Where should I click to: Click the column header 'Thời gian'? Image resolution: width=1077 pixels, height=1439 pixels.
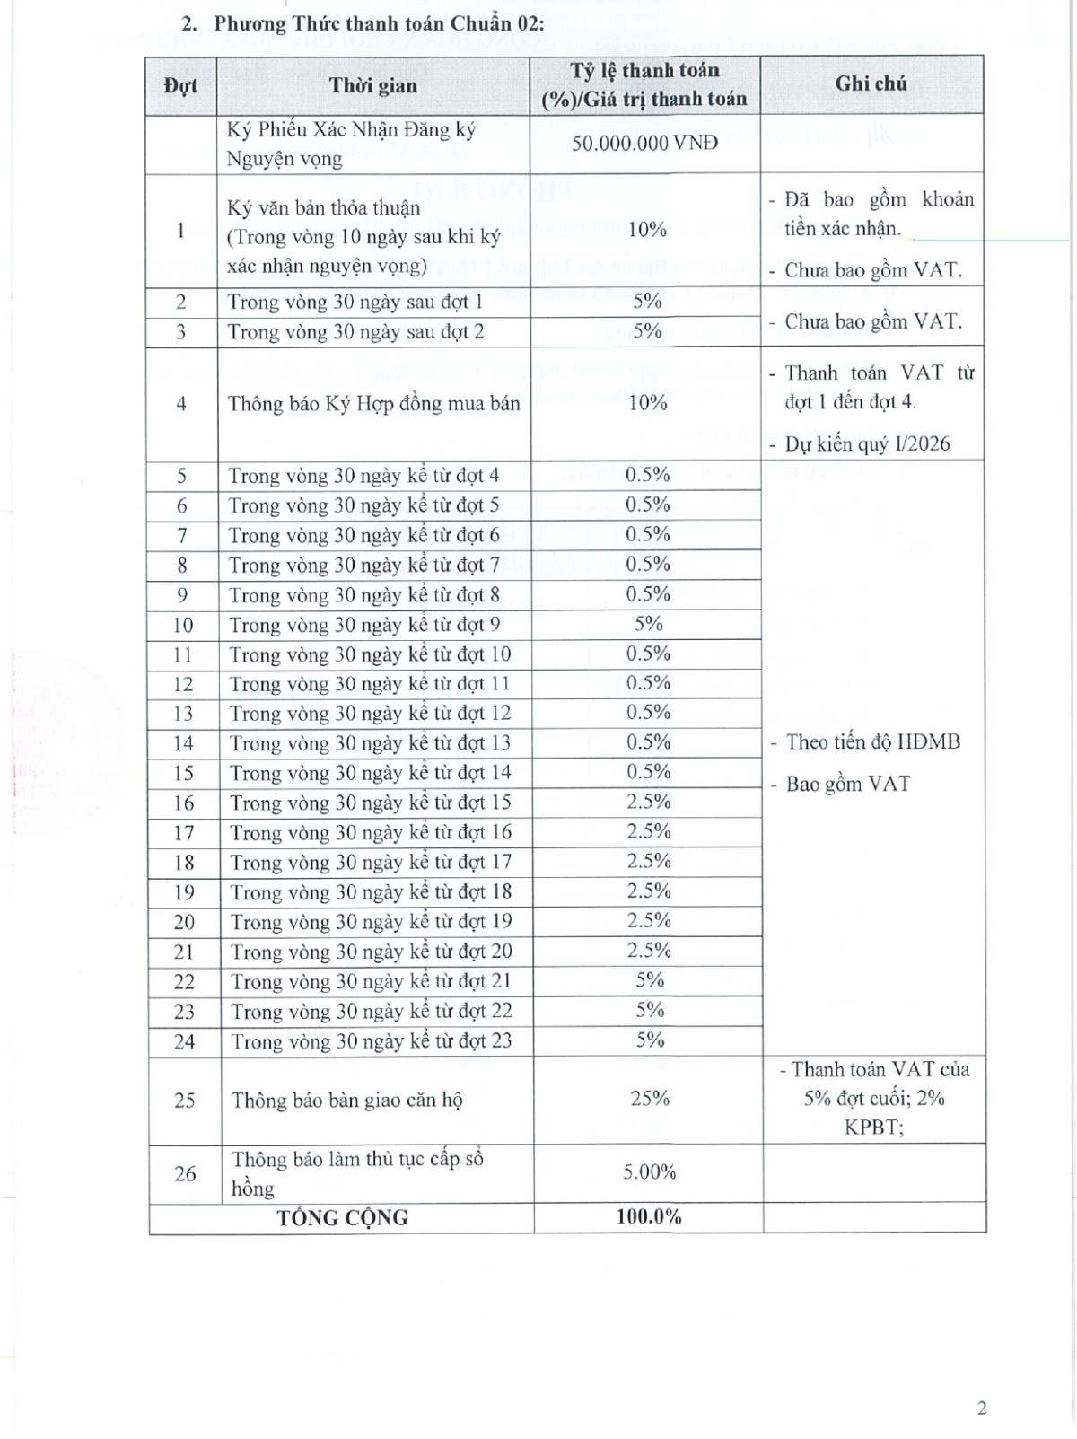(372, 85)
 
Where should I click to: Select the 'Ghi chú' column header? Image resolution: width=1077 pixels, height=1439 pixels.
(871, 83)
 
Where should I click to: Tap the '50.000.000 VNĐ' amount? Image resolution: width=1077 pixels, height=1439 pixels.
(644, 143)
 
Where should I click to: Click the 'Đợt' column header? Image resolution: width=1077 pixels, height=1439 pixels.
(180, 86)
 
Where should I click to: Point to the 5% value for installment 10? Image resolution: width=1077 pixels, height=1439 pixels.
(648, 624)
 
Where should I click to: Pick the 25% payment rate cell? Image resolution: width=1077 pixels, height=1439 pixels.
(649, 1098)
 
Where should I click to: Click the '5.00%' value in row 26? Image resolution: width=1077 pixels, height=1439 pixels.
(649, 1171)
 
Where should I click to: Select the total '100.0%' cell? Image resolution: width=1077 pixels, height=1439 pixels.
(648, 1216)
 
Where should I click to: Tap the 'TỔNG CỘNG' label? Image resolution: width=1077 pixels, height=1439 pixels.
(342, 1217)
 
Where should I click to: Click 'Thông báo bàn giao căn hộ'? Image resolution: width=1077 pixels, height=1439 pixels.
(346, 1100)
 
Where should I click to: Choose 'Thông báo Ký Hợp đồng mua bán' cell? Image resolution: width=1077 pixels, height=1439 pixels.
(373, 404)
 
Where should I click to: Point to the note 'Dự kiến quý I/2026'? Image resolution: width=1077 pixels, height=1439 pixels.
(867, 443)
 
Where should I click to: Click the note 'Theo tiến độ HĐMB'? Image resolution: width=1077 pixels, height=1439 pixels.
(872, 741)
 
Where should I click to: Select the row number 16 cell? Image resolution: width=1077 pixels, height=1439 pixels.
(183, 803)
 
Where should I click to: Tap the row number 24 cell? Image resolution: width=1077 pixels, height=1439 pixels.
(184, 1041)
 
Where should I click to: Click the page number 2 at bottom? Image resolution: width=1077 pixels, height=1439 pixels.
(981, 1408)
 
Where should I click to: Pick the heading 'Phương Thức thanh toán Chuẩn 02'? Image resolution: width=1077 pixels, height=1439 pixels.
(378, 23)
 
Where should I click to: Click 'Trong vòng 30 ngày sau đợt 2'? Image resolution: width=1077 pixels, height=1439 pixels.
(355, 331)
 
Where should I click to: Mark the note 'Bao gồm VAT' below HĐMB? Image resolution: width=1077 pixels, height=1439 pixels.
(847, 784)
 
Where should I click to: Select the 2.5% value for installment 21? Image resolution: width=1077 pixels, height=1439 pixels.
(649, 950)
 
